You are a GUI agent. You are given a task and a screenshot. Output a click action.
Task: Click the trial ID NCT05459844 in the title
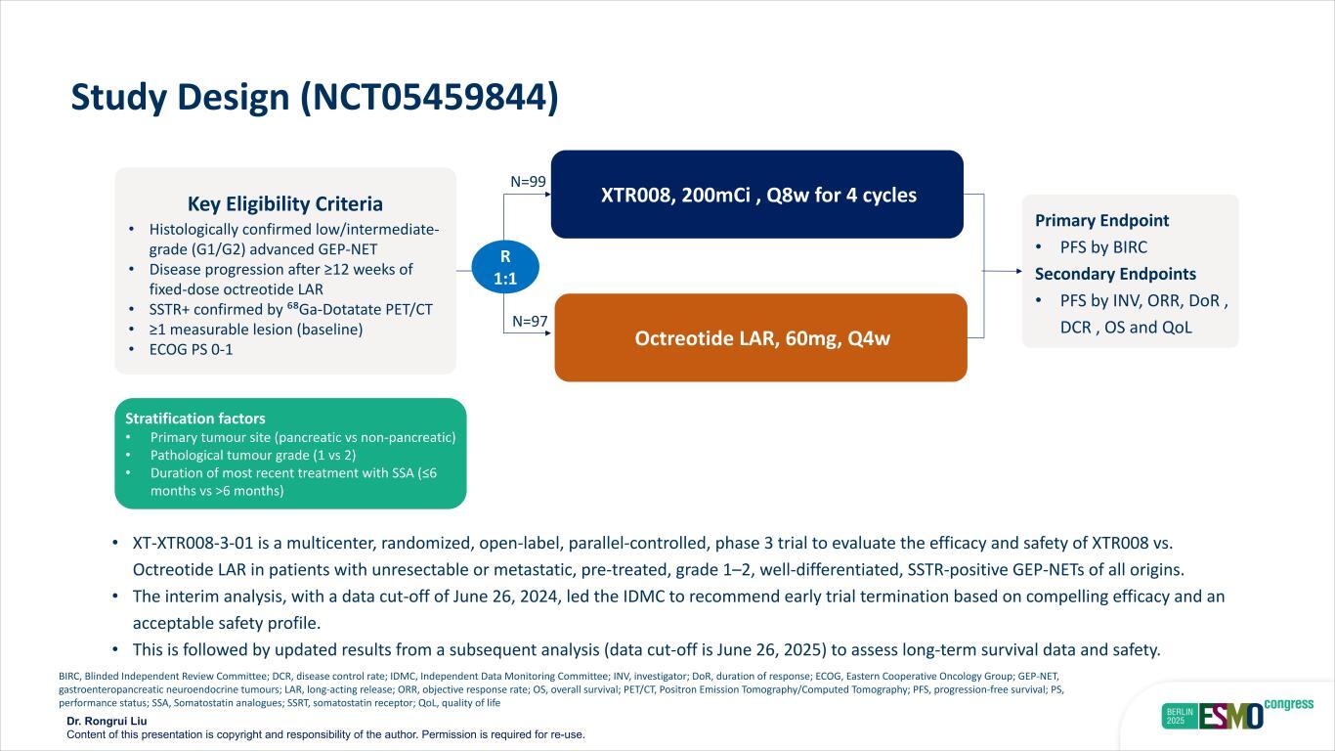click(429, 98)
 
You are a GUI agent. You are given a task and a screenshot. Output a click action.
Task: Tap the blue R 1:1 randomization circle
click(505, 267)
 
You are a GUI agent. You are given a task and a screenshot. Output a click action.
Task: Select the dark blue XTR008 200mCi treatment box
click(757, 195)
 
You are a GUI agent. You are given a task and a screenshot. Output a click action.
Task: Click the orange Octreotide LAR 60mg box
click(760, 338)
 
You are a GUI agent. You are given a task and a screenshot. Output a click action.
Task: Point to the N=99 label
click(528, 182)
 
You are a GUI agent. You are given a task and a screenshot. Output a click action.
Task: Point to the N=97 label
click(530, 322)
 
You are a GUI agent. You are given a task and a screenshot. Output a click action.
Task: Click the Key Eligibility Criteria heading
click(285, 204)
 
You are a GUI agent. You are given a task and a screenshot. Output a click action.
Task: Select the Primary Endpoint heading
click(1101, 221)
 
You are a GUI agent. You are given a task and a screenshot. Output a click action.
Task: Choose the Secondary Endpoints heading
click(1115, 274)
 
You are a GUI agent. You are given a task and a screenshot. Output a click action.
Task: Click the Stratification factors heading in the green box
click(194, 419)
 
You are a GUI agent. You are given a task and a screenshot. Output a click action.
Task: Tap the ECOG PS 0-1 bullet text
click(191, 349)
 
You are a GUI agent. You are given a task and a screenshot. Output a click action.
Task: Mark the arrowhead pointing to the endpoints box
click(1015, 271)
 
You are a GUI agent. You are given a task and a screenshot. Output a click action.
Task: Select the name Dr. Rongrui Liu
click(107, 722)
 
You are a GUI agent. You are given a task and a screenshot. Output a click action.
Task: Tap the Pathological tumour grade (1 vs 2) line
click(253, 455)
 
